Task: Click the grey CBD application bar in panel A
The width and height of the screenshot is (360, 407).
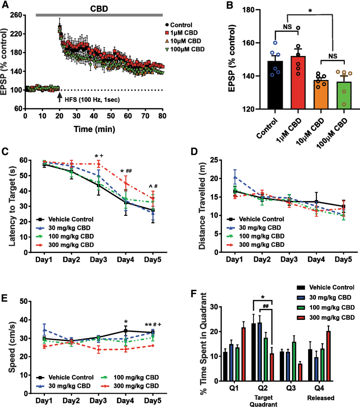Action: [x=100, y=15]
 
